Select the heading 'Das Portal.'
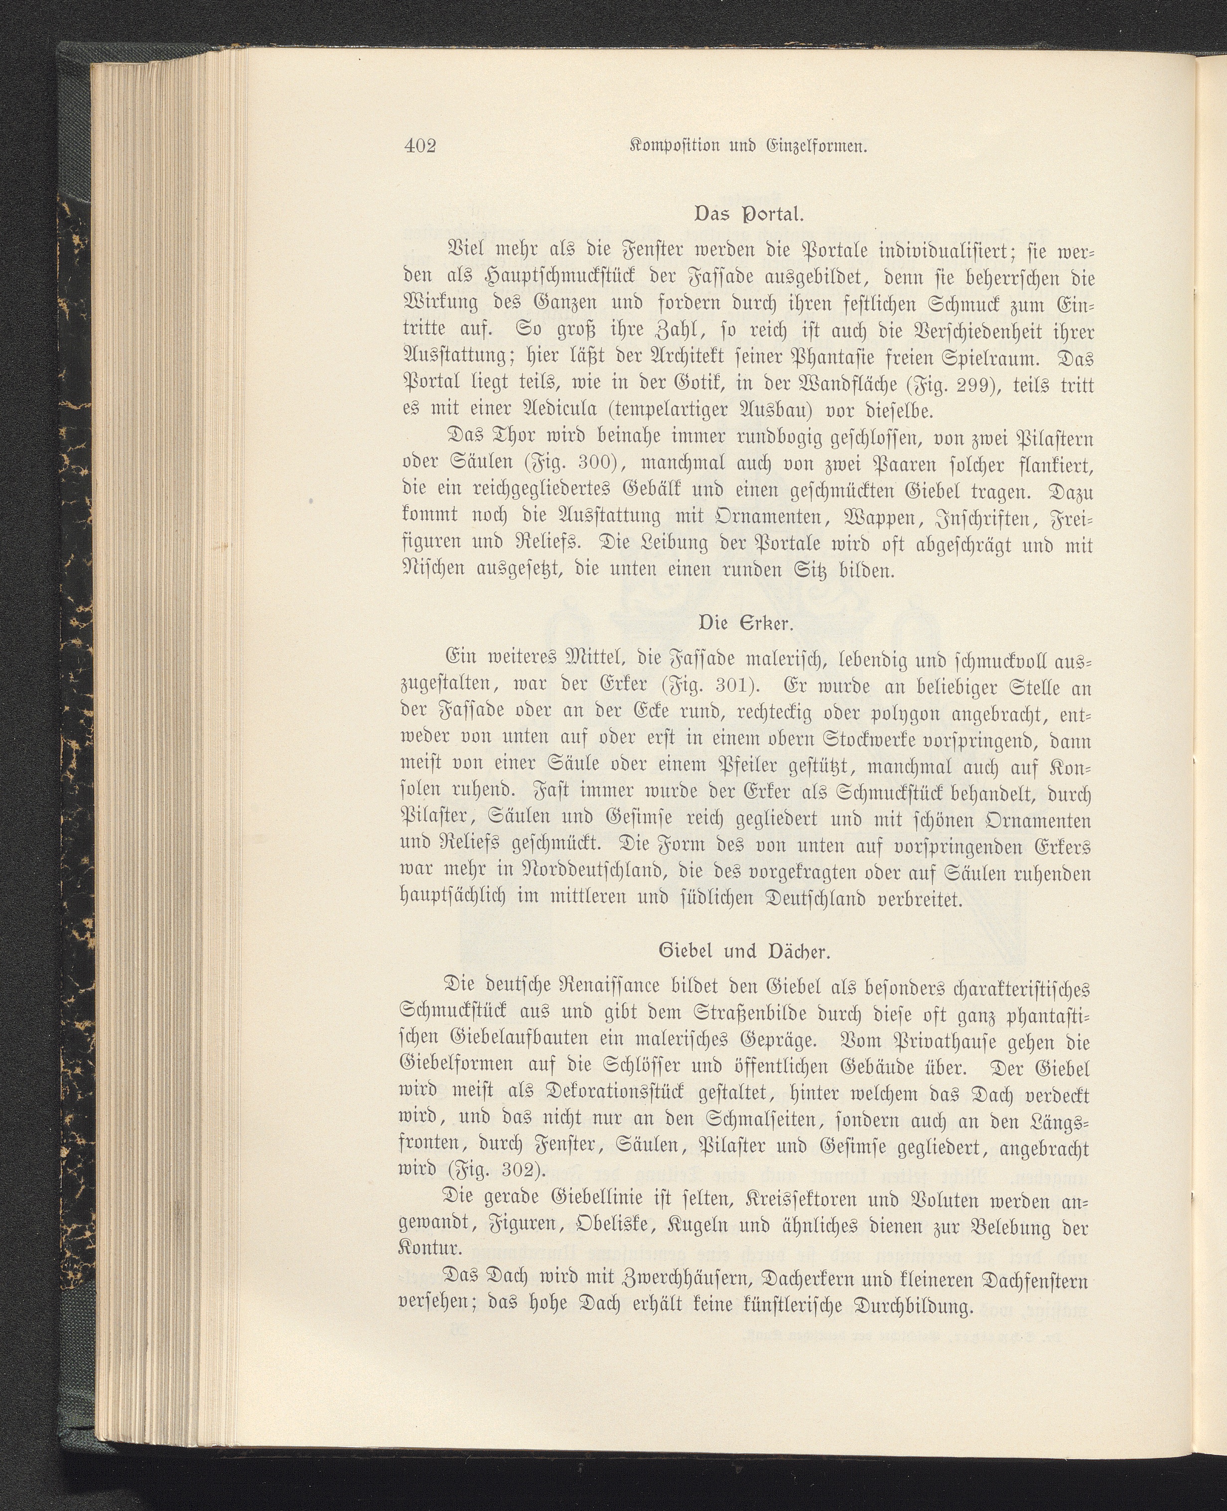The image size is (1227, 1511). (749, 214)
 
